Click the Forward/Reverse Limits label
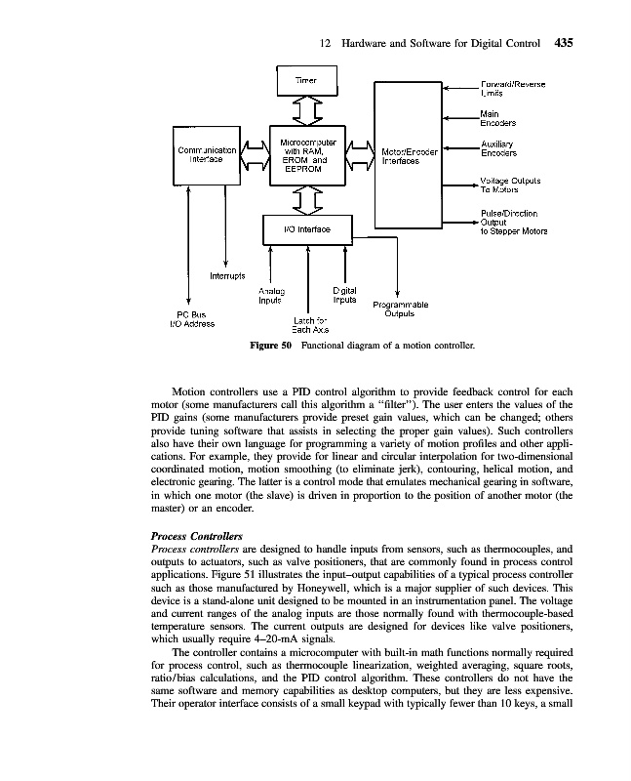point(512,89)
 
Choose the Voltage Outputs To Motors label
point(510,185)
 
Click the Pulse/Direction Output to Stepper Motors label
point(512,223)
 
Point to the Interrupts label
point(229,276)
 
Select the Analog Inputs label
point(270,296)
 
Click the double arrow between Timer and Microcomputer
point(307,110)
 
